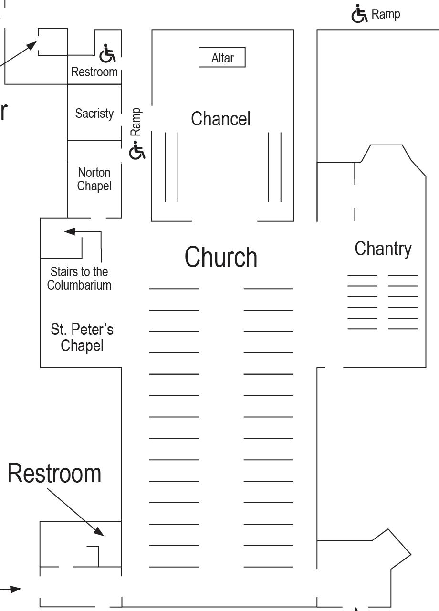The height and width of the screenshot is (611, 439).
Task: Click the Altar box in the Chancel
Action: [x=222, y=58]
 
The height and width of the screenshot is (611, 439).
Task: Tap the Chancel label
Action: [x=220, y=119]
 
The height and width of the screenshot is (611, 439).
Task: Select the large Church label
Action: [x=221, y=257]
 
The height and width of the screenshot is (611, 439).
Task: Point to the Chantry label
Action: [x=383, y=249]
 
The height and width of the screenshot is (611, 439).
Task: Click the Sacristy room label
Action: [x=94, y=114]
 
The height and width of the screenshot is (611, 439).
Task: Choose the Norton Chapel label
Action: [x=94, y=179]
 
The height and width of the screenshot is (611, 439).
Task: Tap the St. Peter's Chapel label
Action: [x=82, y=337]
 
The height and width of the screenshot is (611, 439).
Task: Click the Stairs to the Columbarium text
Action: [x=79, y=279]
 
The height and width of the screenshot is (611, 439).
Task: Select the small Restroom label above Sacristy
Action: [x=94, y=72]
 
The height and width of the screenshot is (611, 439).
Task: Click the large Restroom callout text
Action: [x=54, y=474]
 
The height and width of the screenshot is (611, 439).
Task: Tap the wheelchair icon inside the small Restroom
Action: [x=107, y=54]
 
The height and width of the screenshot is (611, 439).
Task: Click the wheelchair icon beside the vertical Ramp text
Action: [x=137, y=151]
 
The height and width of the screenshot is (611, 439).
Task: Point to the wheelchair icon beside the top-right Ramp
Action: [x=359, y=14]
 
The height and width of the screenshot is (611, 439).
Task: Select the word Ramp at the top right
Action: [x=386, y=14]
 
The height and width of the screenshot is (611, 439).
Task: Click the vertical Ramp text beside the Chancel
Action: [x=136, y=122]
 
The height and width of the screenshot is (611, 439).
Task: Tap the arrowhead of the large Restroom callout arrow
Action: [x=99, y=531]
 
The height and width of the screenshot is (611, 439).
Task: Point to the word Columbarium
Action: [x=79, y=285]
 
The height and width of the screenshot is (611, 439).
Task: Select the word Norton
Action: [x=94, y=173]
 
